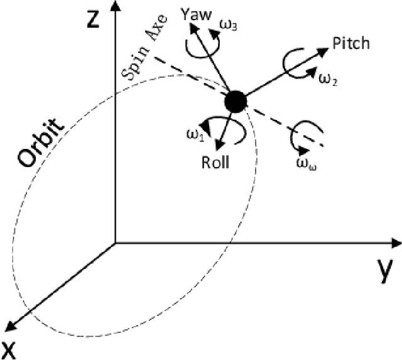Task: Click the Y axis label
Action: tap(386, 270)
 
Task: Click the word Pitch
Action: tap(351, 43)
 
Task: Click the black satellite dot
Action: tap(235, 101)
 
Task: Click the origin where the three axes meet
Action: tap(114, 242)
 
